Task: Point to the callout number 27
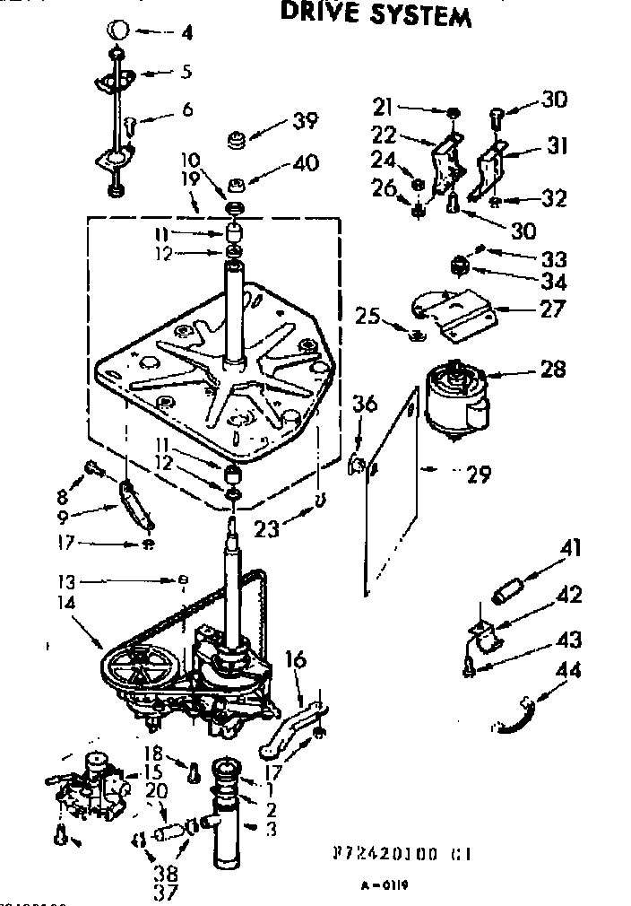coord(553,309)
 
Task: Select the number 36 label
coord(364,405)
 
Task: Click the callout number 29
coord(478,473)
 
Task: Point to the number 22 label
coord(385,135)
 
